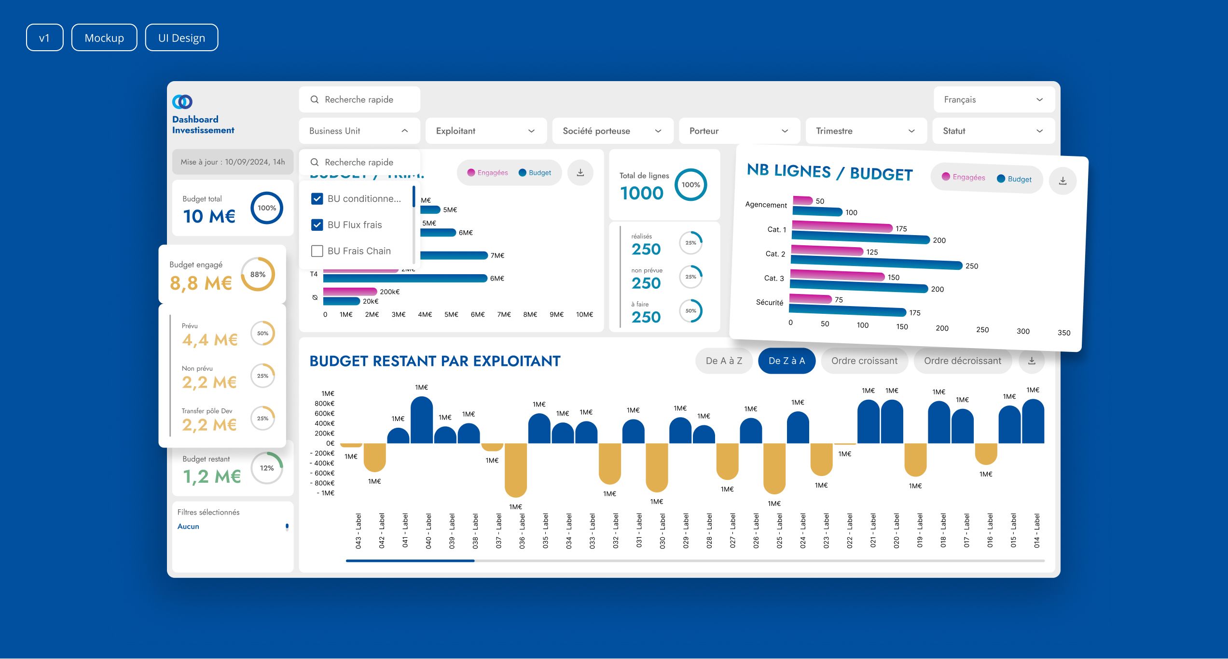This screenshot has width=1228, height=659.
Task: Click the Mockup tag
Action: (104, 38)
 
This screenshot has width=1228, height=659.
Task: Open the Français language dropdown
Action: (993, 99)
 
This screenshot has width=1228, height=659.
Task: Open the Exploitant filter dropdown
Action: (485, 131)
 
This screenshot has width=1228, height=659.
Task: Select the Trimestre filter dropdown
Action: (866, 131)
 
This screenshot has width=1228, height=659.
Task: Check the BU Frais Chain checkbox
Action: (317, 251)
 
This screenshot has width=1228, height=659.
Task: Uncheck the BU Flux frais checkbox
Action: (317, 225)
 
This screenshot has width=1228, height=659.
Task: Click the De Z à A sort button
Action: (786, 361)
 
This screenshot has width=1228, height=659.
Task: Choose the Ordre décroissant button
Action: (962, 361)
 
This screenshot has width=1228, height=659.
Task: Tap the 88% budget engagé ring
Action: (258, 274)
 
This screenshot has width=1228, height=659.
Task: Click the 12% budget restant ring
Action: (267, 468)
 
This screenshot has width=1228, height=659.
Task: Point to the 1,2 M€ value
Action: (211, 477)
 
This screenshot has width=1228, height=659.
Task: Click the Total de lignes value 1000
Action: (642, 193)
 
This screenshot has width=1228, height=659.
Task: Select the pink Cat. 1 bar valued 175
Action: (842, 226)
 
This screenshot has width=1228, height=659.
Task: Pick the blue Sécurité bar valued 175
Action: (847, 311)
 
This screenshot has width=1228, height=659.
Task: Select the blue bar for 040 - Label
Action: (422, 420)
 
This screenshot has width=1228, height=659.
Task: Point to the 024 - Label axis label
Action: (803, 531)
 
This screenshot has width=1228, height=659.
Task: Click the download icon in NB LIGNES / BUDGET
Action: (1062, 181)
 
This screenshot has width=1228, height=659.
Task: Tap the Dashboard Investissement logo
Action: (182, 101)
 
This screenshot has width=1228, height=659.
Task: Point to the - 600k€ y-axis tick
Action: (322, 473)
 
